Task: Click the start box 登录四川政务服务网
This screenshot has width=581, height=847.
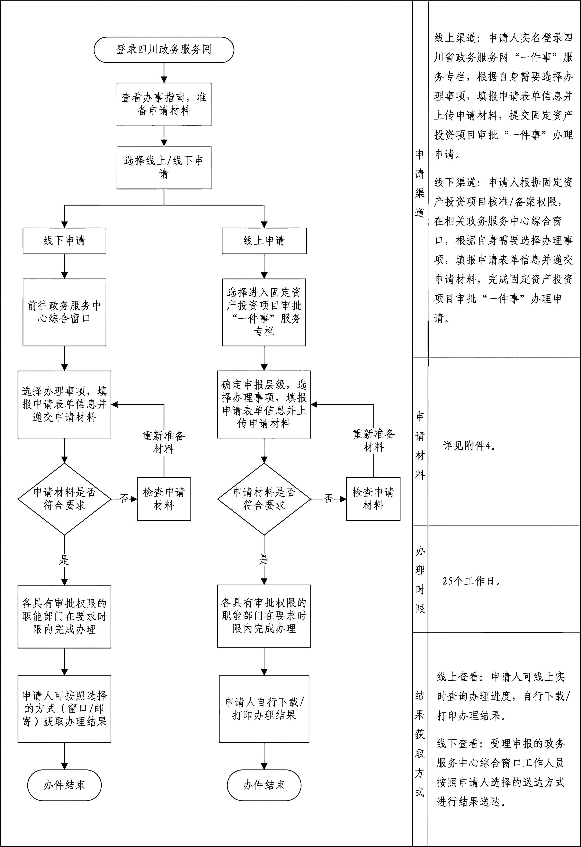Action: click(x=164, y=50)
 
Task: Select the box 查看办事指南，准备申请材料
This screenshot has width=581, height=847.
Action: click(x=164, y=104)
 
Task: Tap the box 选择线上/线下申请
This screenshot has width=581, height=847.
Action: click(x=164, y=167)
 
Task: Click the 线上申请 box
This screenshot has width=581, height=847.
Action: click(x=264, y=241)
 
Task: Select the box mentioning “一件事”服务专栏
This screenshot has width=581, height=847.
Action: click(x=264, y=312)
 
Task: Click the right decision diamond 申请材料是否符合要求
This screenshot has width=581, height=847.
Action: click(x=264, y=499)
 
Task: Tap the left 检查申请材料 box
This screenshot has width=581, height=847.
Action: click(x=164, y=499)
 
